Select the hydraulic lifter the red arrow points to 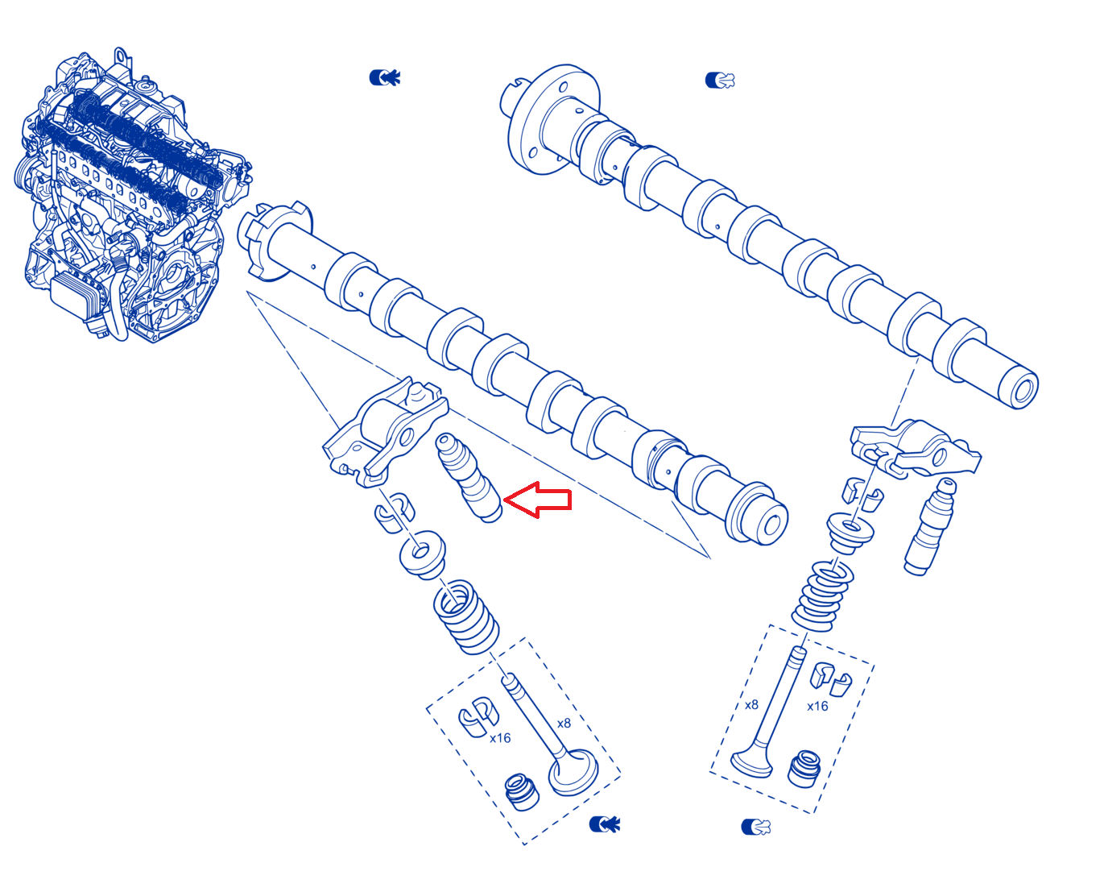pyautogui.click(x=469, y=478)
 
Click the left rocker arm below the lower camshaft pyautogui.click(x=385, y=432)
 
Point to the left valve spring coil pyautogui.click(x=465, y=616)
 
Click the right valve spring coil pyautogui.click(x=822, y=596)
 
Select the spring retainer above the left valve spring pyautogui.click(x=423, y=554)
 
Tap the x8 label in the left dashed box pyautogui.click(x=564, y=724)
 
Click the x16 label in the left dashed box pyautogui.click(x=500, y=738)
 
